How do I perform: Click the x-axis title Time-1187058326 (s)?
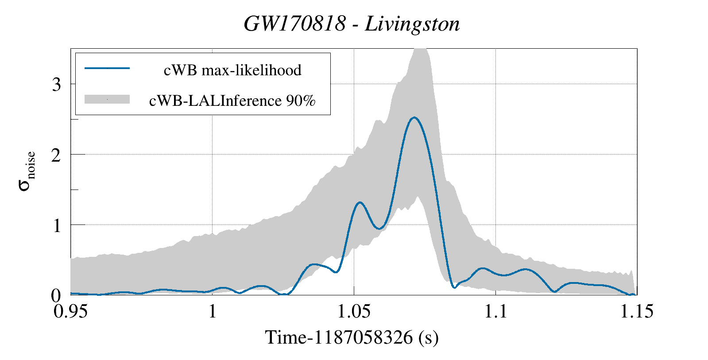352,337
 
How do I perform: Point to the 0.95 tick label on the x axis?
71,311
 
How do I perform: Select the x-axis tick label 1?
212,311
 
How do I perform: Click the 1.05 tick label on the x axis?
353,311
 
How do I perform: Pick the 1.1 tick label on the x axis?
495,311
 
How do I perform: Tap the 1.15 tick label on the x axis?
636,311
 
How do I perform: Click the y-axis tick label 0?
56,295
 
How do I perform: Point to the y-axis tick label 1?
56,225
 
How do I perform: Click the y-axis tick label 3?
56,84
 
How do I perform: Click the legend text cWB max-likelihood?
232,70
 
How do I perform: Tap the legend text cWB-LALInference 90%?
232,101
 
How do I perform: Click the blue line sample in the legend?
107,68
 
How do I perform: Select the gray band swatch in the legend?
107,99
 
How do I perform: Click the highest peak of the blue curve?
414,117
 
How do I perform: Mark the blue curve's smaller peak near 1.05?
360,202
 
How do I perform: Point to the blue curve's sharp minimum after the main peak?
454,288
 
